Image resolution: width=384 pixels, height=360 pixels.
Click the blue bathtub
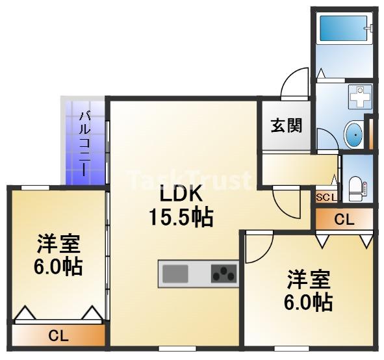click(x=343, y=29)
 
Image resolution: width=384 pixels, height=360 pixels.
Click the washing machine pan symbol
click(x=360, y=97)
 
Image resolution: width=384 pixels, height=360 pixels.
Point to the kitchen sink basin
click(x=175, y=274)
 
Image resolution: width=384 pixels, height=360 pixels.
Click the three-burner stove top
click(x=224, y=274)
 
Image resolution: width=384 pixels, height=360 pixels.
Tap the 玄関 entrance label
click(x=287, y=125)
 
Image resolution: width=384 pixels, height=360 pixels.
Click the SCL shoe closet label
click(x=326, y=198)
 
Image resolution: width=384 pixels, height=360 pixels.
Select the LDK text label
click(x=181, y=194)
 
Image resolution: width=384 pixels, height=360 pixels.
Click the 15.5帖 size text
click(x=181, y=218)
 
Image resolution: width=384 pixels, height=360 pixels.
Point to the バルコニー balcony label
click(x=85, y=144)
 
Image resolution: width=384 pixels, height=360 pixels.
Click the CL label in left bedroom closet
click(x=58, y=335)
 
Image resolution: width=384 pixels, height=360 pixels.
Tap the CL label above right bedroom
click(x=344, y=220)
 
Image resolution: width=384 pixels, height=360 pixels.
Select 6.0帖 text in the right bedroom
click(x=308, y=302)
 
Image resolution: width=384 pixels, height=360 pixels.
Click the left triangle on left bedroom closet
click(x=25, y=313)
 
